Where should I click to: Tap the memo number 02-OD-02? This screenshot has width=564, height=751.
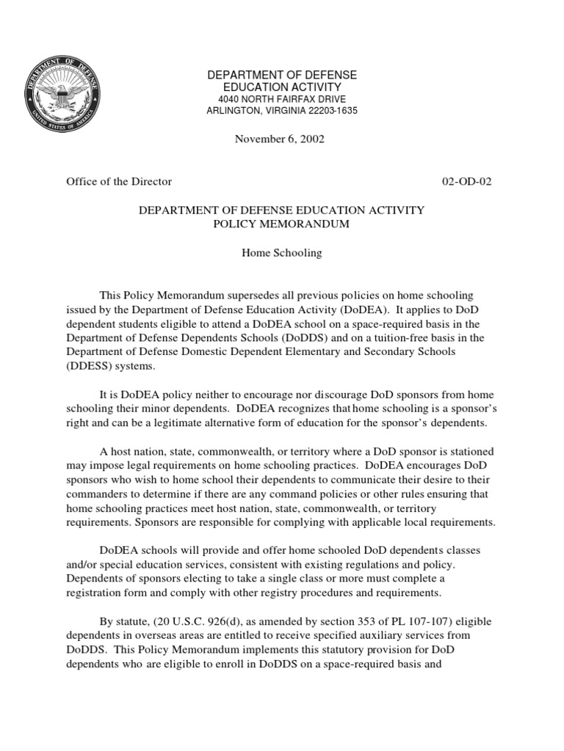click(x=466, y=181)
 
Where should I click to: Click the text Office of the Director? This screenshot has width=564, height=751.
click(x=119, y=181)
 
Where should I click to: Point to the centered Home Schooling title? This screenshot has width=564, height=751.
click(x=282, y=253)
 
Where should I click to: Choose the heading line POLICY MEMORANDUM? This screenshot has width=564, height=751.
click(x=282, y=224)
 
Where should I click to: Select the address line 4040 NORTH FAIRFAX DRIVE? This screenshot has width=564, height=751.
click(x=282, y=99)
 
